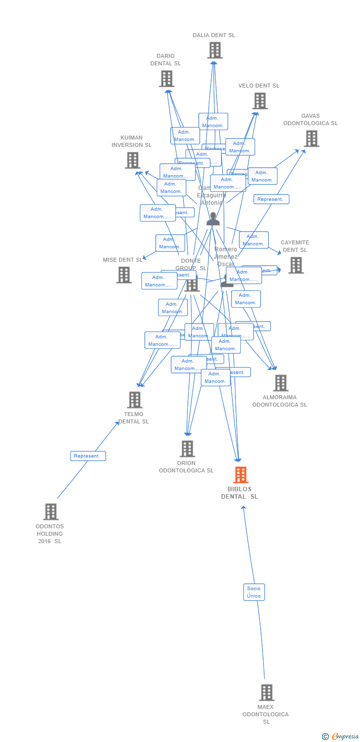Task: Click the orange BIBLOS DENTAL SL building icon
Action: pos(240,475)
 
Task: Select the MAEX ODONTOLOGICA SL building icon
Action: pos(267,693)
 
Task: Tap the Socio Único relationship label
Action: pos(254,592)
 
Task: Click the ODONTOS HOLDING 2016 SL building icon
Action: pos(51,512)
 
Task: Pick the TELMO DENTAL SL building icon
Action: pos(135,400)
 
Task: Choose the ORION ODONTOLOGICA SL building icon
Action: pos(187,449)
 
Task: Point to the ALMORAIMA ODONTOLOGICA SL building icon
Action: pos(280,383)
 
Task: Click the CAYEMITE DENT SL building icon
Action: pos(296,265)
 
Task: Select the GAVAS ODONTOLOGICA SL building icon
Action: pos(312,139)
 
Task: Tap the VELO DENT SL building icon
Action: pos(260,101)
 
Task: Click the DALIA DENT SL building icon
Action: pos(215,50)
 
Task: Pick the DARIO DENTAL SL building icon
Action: pos(167,79)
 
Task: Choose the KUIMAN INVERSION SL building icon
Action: pos(133,160)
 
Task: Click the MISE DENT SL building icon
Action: pos(124,275)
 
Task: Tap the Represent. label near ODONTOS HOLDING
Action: pos(88,456)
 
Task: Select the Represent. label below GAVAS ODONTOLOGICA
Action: pos(271,199)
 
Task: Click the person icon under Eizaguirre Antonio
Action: pos(213,219)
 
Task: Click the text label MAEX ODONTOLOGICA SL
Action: pos(266,714)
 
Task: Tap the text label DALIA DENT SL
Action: pos(214,35)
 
